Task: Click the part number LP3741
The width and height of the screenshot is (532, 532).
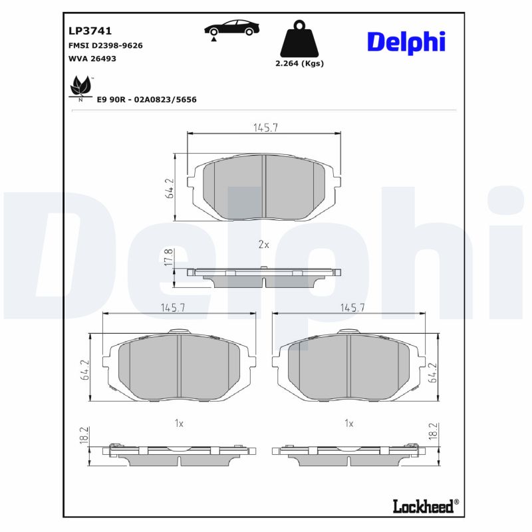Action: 90,31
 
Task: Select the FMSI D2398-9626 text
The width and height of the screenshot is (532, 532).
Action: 106,45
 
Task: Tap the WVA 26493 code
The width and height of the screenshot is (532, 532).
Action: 93,59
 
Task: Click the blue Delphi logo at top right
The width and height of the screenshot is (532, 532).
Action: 406,41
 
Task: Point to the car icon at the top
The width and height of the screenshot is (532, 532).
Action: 231,29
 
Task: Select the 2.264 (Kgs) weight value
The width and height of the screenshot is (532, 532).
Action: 299,64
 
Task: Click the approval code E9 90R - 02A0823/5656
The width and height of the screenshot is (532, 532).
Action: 147,99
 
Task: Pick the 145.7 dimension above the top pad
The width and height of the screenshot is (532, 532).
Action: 265,128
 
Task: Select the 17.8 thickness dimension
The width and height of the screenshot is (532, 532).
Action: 169,259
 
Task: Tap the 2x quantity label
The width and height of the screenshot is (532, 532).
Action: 263,244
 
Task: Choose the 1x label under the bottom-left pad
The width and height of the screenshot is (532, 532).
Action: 179,422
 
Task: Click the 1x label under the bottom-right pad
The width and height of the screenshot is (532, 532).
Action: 348,422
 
